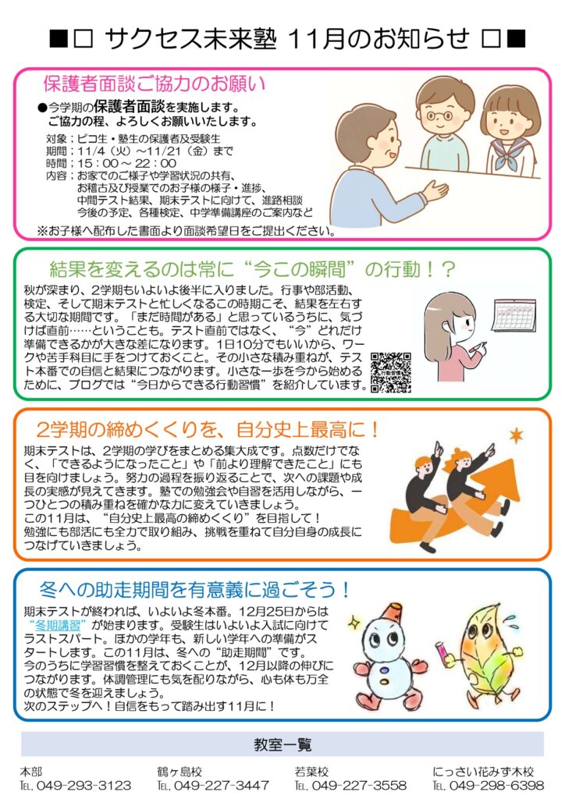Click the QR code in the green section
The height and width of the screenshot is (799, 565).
(391, 372)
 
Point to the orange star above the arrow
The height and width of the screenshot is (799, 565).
(516, 435)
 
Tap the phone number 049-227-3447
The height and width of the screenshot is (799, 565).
(221, 785)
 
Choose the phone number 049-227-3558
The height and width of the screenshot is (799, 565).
(359, 785)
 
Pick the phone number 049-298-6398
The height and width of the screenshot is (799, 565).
(497, 785)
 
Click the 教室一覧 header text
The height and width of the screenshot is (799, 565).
(282, 744)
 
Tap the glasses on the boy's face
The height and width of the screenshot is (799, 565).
(439, 116)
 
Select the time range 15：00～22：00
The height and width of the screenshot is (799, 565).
(127, 164)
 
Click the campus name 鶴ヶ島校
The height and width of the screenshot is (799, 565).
(179, 772)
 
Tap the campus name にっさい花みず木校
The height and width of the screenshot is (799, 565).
(483, 772)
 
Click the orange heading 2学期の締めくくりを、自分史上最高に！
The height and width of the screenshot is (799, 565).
(208, 431)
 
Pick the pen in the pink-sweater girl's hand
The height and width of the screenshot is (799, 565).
(478, 347)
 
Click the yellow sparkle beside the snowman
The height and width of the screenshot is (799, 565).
(354, 622)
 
